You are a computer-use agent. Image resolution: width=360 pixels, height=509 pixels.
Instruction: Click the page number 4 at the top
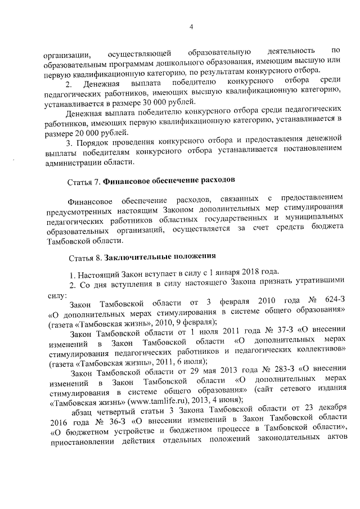coord(191,27)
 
